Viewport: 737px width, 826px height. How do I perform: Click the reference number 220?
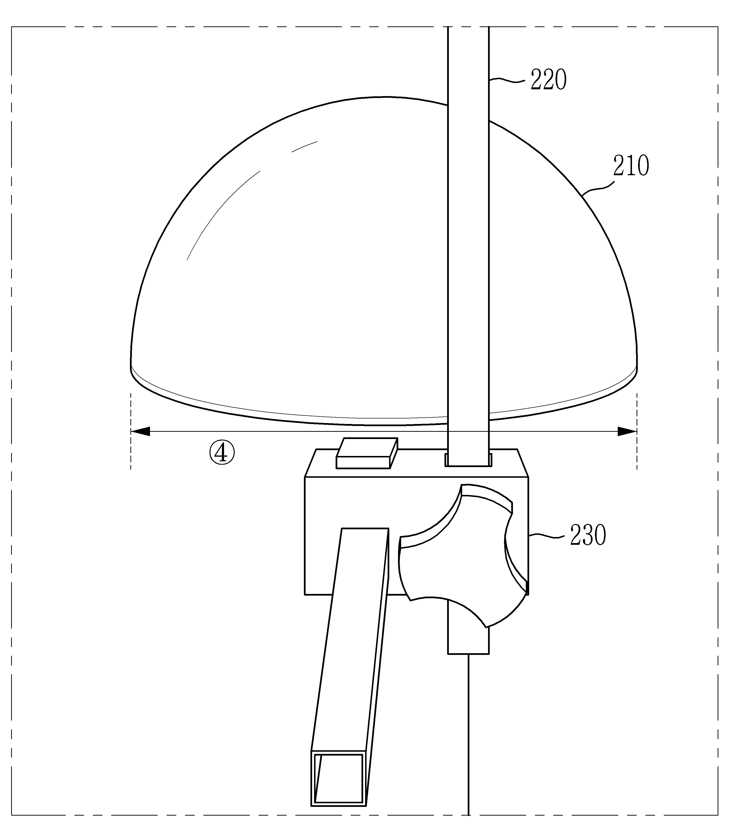549,80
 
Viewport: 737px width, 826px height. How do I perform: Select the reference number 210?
631,166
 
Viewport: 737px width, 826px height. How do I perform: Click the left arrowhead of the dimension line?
140,432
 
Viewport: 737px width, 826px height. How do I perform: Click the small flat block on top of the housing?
367,453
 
